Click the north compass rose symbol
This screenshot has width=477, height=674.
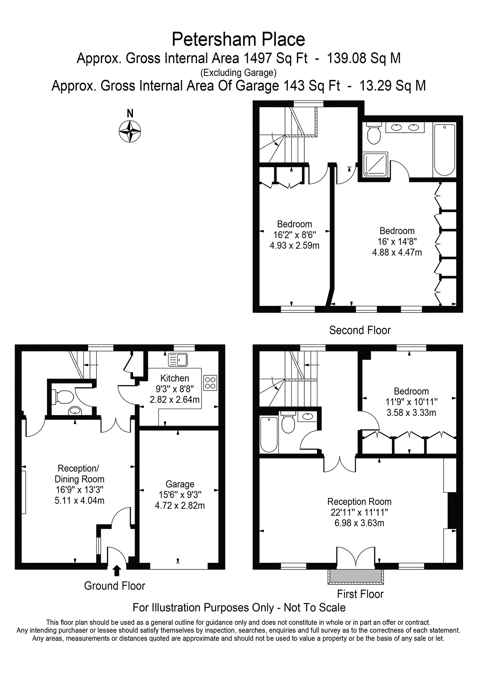point(130,131)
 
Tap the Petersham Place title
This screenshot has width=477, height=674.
point(238,40)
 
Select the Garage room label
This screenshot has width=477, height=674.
point(180,484)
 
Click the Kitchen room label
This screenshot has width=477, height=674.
point(175,378)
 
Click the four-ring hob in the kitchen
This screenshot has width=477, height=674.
point(210,383)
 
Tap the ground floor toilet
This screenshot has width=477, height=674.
point(63,397)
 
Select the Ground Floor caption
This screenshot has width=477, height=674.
point(115,586)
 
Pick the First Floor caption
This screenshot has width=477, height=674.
point(360,594)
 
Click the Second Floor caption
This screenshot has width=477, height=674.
point(360,330)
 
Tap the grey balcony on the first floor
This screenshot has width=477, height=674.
point(355,576)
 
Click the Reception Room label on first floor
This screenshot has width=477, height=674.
point(359,501)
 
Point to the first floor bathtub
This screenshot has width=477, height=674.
point(269,434)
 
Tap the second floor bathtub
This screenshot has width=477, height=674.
point(444,150)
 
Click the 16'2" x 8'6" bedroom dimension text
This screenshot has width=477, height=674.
point(295,235)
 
